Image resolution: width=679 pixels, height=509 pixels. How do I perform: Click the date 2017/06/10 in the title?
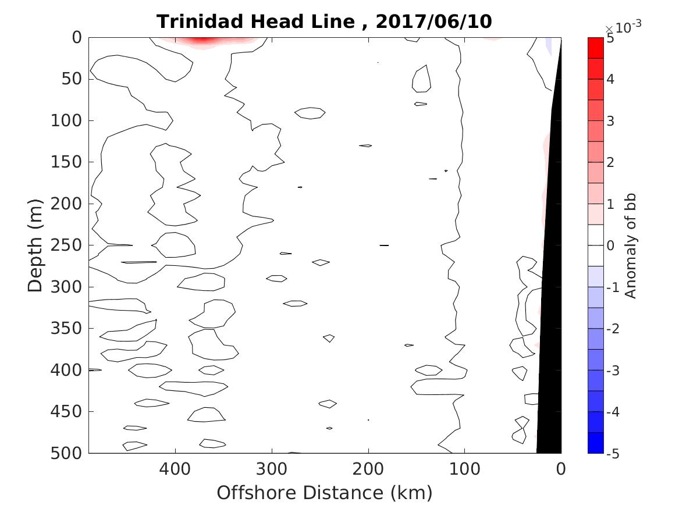433,22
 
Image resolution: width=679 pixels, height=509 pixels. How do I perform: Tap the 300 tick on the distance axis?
272,468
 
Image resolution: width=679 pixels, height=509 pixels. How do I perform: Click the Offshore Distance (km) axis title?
324,493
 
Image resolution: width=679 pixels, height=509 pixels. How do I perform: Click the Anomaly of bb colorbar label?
631,245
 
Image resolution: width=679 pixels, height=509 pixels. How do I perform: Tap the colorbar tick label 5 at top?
611,38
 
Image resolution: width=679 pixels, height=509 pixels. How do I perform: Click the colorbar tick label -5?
613,453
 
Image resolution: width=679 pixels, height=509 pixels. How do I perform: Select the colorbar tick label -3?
613,371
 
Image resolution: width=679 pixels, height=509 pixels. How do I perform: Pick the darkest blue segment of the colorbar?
595,443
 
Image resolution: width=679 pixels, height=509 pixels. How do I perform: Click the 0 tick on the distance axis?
561,468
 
